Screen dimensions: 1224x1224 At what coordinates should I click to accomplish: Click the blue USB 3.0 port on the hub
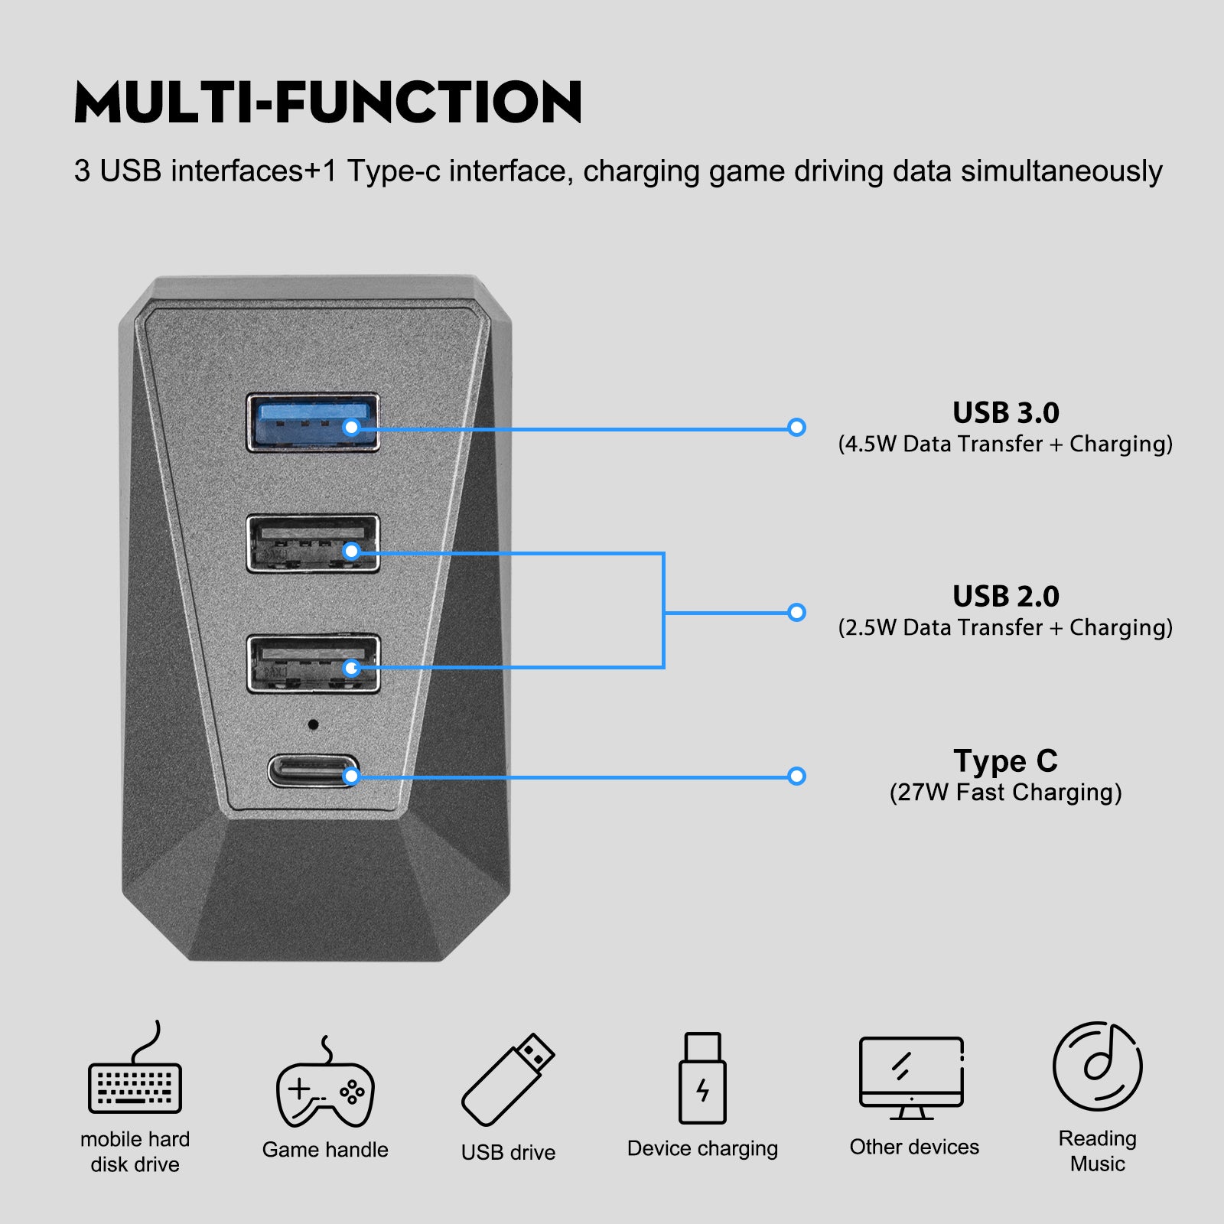[312, 422]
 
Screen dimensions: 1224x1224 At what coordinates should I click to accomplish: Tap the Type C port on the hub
[313, 771]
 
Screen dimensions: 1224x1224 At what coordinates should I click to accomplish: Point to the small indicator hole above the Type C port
[313, 724]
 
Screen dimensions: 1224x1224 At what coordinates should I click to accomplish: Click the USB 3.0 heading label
[1005, 413]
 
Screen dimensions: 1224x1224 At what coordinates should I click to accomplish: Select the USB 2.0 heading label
[1005, 597]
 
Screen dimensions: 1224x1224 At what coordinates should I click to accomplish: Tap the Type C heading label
[1005, 761]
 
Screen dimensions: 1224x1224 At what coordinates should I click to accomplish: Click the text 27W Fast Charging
[1005, 793]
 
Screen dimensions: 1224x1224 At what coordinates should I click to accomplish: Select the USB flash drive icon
[508, 1080]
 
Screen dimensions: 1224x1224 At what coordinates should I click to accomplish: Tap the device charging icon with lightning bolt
[702, 1079]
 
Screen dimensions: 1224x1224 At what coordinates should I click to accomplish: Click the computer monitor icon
[911, 1077]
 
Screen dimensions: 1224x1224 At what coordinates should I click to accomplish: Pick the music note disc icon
[1097, 1066]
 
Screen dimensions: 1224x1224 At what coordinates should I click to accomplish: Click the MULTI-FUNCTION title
[328, 102]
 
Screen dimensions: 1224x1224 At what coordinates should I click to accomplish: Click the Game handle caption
[325, 1150]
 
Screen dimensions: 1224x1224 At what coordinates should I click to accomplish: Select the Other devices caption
[914, 1147]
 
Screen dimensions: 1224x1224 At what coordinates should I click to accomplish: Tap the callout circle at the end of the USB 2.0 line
[796, 612]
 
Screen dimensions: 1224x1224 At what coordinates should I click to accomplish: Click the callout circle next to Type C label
[796, 776]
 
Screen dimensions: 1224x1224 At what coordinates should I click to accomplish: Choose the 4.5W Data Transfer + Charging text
[1005, 444]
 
